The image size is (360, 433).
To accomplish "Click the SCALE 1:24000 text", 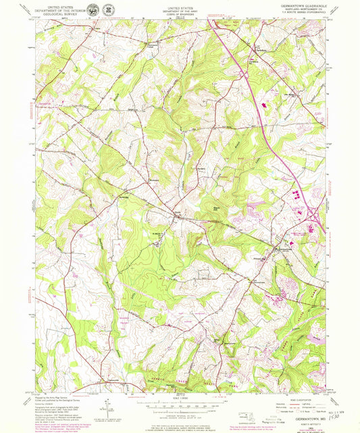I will point(177,396).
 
